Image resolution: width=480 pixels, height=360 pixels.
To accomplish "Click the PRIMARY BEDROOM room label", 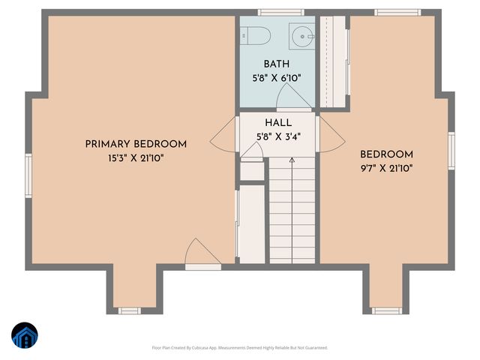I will [x=136, y=144].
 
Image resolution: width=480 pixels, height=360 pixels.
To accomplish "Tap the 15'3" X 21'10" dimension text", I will [x=136, y=158].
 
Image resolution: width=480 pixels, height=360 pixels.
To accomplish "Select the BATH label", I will [x=277, y=64].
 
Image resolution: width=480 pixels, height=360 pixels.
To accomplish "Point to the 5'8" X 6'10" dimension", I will [x=277, y=78].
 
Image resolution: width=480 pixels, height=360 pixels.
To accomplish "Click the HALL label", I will [x=278, y=123].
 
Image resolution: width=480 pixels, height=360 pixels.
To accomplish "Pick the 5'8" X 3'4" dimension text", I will [x=278, y=136].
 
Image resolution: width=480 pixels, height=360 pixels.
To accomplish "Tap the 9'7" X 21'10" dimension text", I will [x=386, y=168].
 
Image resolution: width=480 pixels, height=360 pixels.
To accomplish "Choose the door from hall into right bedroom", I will [x=331, y=133].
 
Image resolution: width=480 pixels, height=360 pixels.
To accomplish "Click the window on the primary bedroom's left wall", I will [x=28, y=175].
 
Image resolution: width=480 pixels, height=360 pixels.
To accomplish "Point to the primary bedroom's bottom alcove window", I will [x=128, y=310].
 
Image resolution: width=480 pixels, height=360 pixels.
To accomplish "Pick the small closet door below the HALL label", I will [x=253, y=151].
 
